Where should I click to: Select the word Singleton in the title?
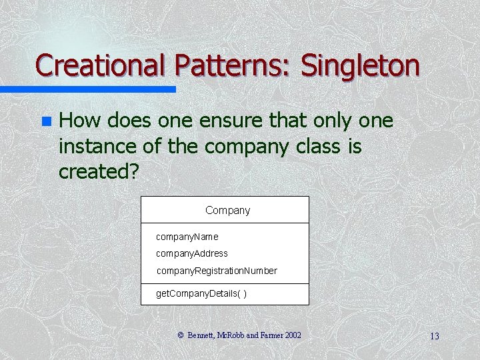[360, 65]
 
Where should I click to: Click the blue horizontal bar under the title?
[87, 89]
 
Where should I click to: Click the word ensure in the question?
[219, 121]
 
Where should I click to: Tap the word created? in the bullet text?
[99, 171]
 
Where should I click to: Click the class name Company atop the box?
[227, 210]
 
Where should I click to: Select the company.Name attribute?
[187, 237]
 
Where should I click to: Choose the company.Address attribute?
[191, 253]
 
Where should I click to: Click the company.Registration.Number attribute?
[217, 271]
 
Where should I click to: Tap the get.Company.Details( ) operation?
[201, 293]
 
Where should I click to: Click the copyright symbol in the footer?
[180, 335]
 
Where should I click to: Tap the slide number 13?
[434, 336]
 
